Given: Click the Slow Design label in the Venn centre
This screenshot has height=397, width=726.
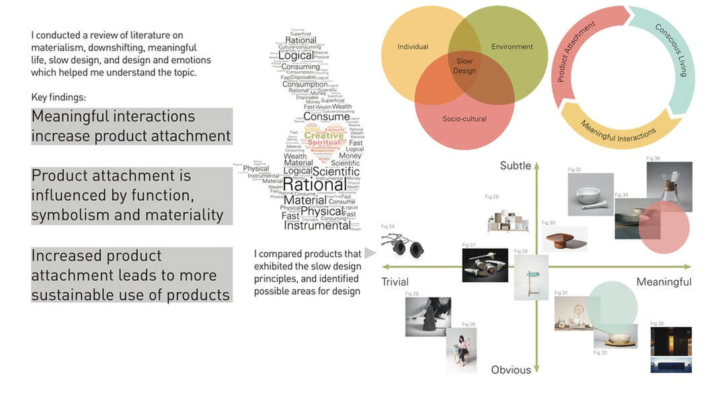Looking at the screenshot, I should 465,65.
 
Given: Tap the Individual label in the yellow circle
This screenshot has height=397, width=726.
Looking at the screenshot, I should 413,47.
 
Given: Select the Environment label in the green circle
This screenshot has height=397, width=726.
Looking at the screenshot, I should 512,47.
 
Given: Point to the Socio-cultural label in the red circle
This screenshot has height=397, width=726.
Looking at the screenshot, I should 464,119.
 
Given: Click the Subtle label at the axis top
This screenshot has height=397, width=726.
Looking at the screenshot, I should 516,166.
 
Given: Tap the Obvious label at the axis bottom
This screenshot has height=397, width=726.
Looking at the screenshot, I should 511,370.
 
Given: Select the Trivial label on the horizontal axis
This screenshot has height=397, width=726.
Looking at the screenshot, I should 395,282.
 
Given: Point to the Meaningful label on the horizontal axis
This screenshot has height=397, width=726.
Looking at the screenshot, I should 663,282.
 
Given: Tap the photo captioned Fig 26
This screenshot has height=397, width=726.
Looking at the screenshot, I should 461,350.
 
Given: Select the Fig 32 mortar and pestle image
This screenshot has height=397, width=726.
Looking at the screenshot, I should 590,194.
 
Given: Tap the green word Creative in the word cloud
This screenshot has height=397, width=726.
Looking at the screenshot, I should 324,135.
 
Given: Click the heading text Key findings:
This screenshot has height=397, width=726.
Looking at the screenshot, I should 58,97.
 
